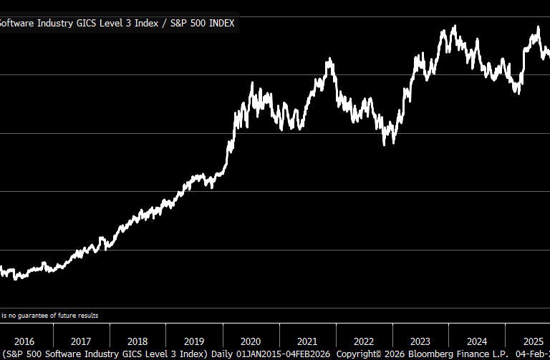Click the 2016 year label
[24, 341]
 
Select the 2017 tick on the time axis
[81, 341]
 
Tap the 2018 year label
[137, 341]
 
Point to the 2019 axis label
[194, 341]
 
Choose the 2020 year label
[251, 341]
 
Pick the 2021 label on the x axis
[307, 341]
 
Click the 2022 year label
[364, 341]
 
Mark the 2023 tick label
[420, 341]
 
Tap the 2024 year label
[477, 341]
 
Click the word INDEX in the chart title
[219, 23]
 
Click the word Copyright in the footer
[359, 354]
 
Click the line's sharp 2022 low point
[385, 144]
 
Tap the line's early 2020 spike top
[252, 83]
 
